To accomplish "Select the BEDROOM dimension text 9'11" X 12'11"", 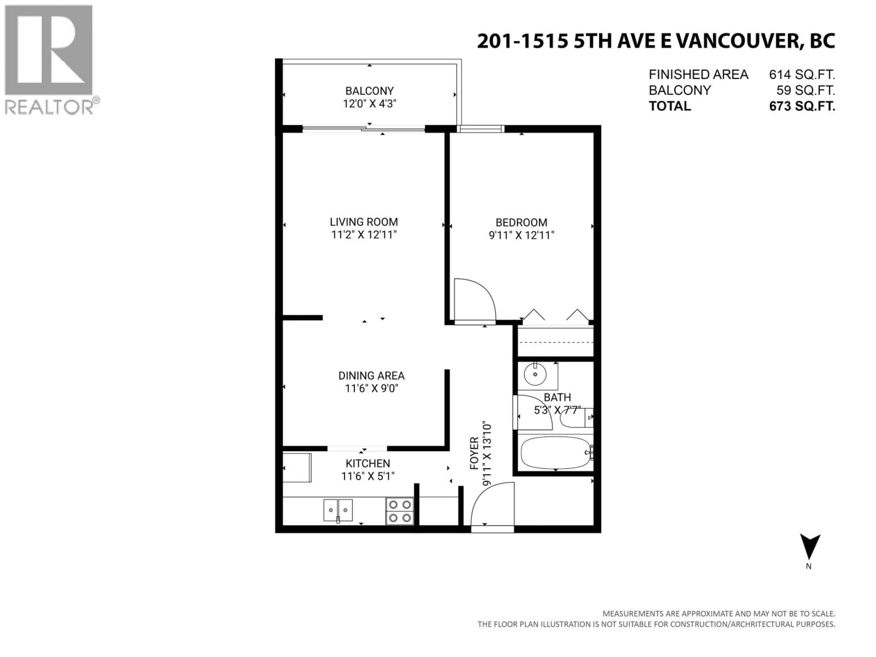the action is [521, 235].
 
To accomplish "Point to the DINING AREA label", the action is [371, 375].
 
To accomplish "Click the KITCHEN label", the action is [368, 463].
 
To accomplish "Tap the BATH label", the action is [557, 397].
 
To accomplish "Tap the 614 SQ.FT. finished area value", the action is [802, 74].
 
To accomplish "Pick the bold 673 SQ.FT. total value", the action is [802, 106].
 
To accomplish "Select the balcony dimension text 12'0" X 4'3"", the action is [370, 104].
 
